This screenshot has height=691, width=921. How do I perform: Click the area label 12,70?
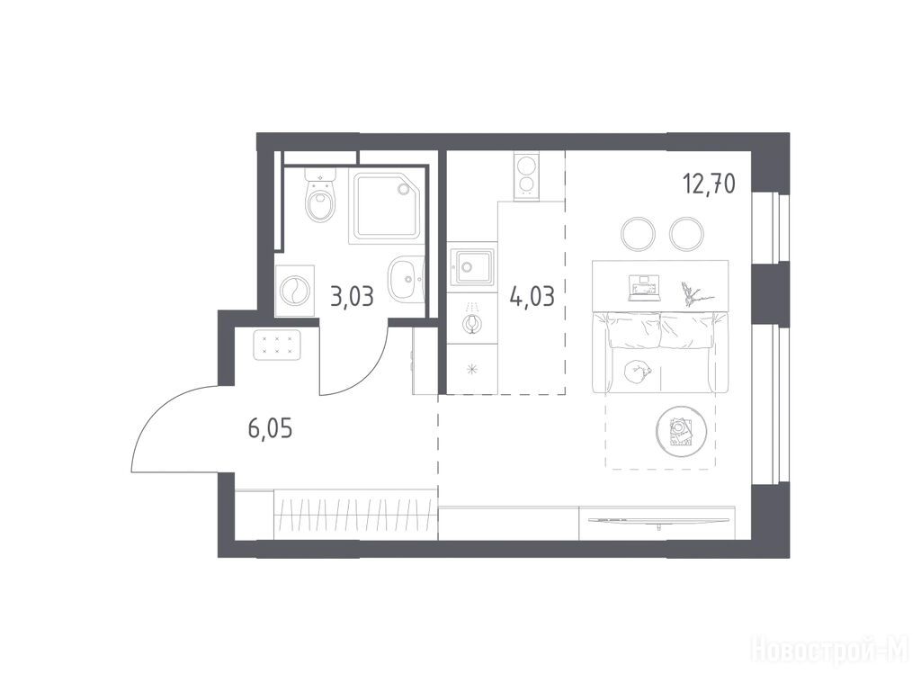tap(709, 184)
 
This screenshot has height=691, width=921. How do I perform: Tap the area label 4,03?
tap(532, 297)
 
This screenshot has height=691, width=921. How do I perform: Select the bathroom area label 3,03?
tap(353, 297)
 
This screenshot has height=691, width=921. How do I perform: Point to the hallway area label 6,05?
tap(270, 429)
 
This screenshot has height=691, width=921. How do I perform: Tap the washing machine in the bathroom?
tap(295, 291)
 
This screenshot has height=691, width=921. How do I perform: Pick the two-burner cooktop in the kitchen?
tap(526, 176)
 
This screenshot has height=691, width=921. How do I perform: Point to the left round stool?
tap(639, 234)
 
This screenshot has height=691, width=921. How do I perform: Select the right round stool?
tap(686, 234)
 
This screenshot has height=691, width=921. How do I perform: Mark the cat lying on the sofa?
tap(636, 370)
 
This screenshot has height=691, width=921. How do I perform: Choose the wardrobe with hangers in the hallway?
tap(355, 514)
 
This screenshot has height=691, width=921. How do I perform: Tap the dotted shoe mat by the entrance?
tap(277, 345)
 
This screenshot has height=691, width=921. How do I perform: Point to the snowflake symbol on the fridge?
tap(471, 370)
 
